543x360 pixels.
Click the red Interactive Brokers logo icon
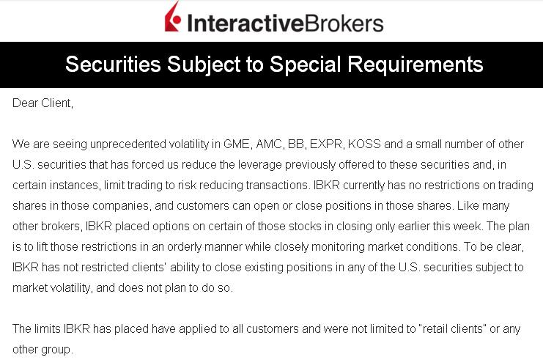pos(173,18)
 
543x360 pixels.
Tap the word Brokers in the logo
pos(344,23)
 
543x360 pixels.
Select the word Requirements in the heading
pos(415,65)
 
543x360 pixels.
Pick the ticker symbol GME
pos(237,144)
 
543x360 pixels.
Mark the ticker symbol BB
pos(297,144)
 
